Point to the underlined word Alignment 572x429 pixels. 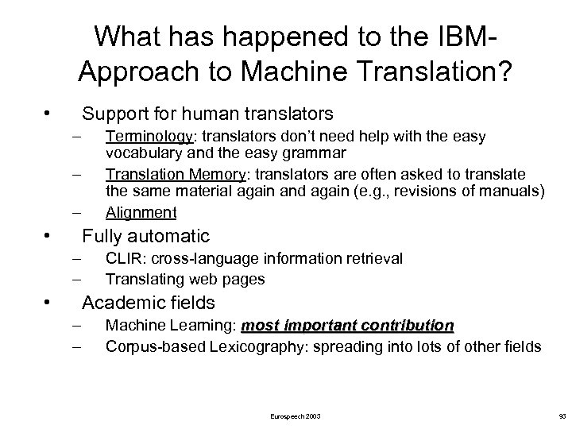[141, 212]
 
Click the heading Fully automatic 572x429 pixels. [145, 236]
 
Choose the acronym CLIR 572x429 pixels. [122, 257]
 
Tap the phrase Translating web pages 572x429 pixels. [184, 279]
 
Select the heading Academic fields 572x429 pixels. [149, 303]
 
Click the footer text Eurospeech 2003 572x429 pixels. [296, 415]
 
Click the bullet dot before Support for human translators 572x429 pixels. [48, 110]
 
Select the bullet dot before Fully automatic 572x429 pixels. [48, 236]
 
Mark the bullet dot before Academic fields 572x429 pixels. [48, 303]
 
